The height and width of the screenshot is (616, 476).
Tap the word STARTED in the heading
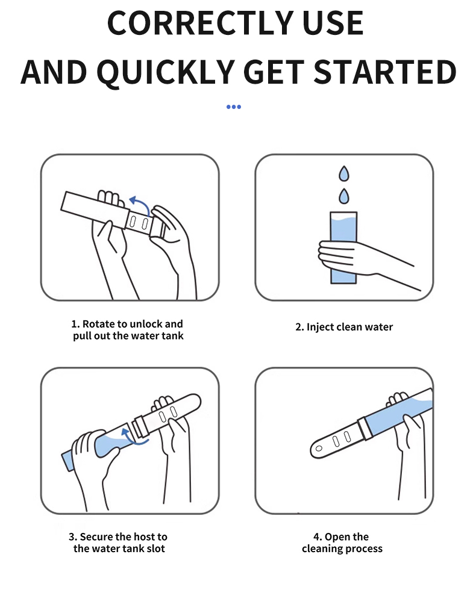tap(385, 72)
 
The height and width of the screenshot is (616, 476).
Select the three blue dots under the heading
tap(233, 107)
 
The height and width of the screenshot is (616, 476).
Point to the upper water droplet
tap(344, 173)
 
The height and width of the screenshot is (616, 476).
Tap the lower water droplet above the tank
tap(344, 196)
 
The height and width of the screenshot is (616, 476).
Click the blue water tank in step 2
tap(343, 247)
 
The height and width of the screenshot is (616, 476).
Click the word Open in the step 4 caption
tap(335, 537)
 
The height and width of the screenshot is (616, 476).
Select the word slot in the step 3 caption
tap(156, 549)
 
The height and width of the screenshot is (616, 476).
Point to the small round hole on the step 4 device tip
tap(319, 449)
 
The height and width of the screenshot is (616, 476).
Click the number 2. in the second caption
tap(300, 327)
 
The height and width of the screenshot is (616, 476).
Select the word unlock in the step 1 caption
tap(146, 324)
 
